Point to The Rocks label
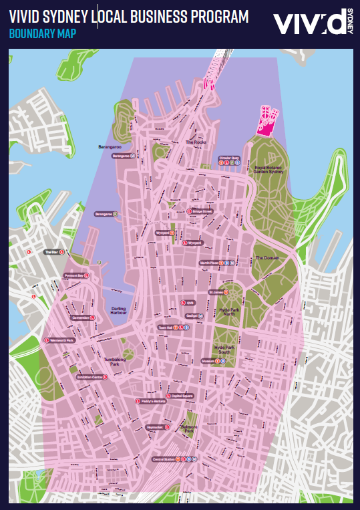click(x=196, y=142)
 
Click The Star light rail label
click(x=52, y=252)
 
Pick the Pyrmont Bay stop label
click(x=73, y=275)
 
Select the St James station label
click(x=216, y=292)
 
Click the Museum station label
click(x=208, y=361)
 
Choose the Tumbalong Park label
click(x=116, y=362)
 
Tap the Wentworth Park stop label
click(x=60, y=340)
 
